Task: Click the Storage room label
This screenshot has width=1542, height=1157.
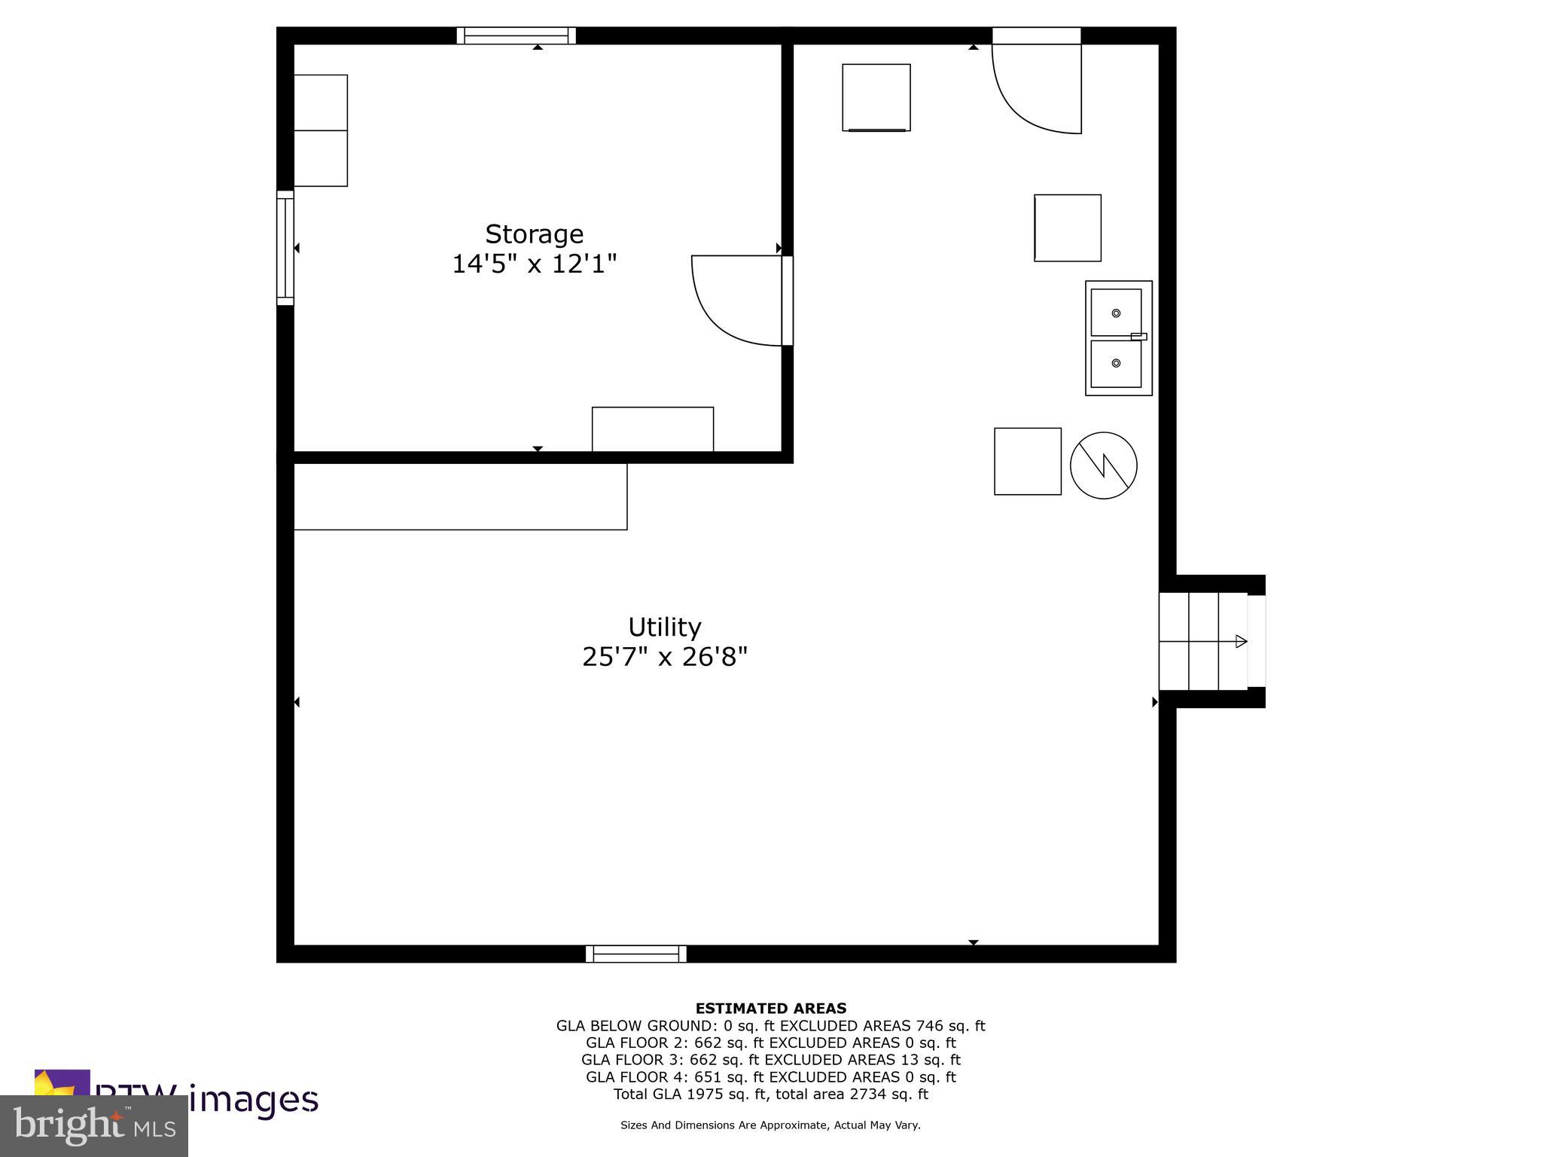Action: tap(534, 234)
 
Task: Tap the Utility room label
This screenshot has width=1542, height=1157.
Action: tap(664, 627)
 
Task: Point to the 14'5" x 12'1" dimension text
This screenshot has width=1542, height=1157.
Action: tap(534, 264)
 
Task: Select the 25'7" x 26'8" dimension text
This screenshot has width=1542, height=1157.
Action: tap(664, 657)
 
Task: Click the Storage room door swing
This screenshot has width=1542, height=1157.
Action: tap(734, 301)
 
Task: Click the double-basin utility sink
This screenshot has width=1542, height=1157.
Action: tap(1118, 338)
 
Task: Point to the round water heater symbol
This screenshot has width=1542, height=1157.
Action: tap(1103, 465)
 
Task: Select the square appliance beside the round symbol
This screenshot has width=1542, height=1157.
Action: tap(1027, 461)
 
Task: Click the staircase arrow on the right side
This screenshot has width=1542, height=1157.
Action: tap(1241, 642)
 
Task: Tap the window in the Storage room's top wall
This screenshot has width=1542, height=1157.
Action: tap(516, 35)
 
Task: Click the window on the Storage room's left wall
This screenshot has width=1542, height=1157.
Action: tap(285, 248)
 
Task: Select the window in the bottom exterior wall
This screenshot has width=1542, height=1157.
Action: tap(636, 954)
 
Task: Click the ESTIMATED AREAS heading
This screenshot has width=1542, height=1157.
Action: tap(770, 1008)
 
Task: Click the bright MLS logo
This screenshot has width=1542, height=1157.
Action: tap(94, 1125)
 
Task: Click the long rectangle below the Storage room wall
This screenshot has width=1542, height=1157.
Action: tap(460, 496)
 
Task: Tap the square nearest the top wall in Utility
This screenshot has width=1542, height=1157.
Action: tap(876, 97)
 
